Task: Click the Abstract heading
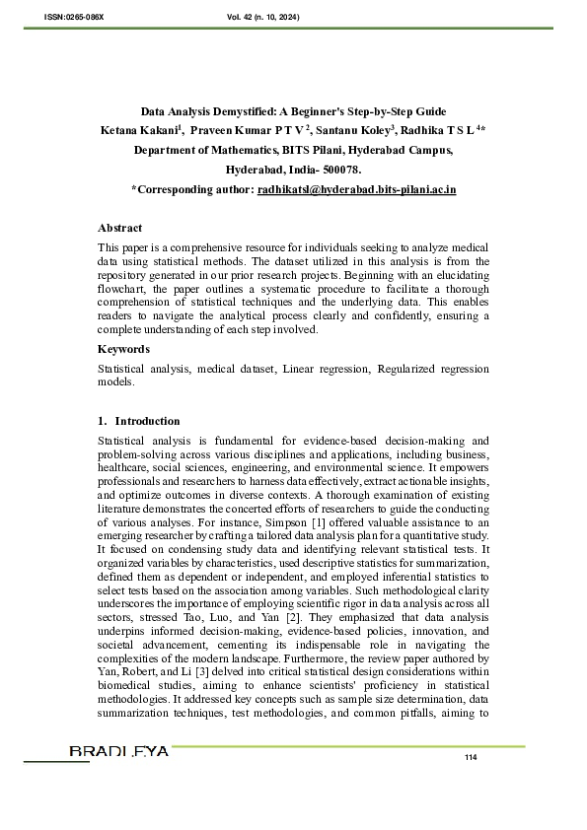coord(119,228)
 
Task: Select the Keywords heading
coord(123,349)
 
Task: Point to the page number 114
coord(470,756)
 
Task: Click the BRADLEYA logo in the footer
coord(118,752)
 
